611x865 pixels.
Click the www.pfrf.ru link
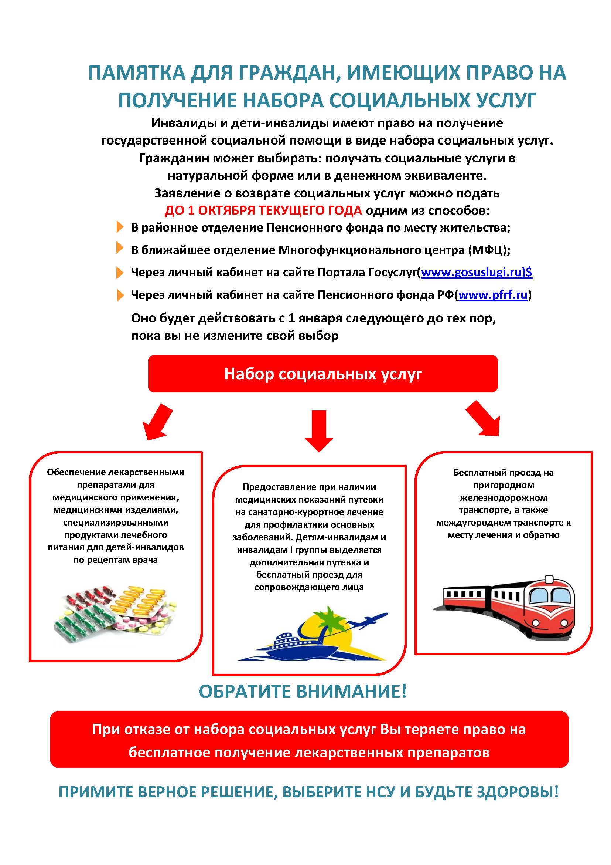(493, 295)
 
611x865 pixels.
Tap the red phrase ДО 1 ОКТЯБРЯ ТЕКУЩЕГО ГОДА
(263, 210)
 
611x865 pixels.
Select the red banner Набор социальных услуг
(323, 374)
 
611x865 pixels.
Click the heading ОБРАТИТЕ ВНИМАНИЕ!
(303, 692)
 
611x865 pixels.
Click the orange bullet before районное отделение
(120, 227)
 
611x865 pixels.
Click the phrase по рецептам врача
(116, 560)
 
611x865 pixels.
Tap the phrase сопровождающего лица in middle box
(309, 587)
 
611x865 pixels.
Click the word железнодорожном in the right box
(504, 498)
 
